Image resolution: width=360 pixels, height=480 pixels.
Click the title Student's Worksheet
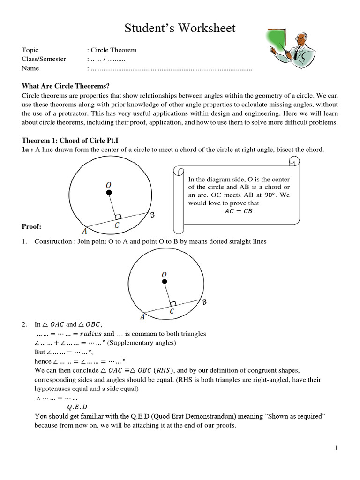[x=180, y=29]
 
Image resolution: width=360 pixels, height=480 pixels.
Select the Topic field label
[x=30, y=50]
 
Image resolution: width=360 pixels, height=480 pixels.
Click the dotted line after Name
[x=171, y=68]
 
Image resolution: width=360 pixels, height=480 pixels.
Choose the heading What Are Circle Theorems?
[x=66, y=86]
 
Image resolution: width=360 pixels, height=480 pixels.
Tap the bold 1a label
[x=28, y=150]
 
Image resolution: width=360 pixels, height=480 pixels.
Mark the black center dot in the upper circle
[x=109, y=193]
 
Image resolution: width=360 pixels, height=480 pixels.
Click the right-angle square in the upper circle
[x=118, y=217]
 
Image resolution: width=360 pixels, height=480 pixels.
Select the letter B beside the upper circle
[x=152, y=216]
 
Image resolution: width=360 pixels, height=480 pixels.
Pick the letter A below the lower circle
[x=142, y=317]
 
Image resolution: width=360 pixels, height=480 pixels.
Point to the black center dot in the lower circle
[x=164, y=282]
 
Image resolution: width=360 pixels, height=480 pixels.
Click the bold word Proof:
[x=32, y=227]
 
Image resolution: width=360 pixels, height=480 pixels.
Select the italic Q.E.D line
[x=77, y=406]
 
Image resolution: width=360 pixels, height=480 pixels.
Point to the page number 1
[x=337, y=449]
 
